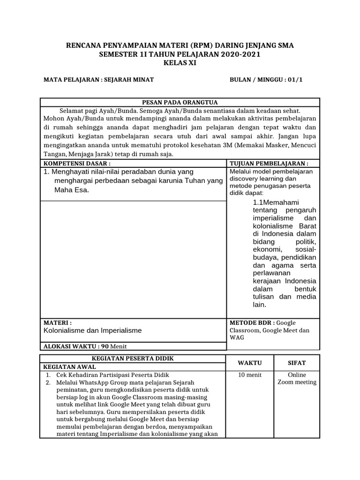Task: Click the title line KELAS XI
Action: click(180, 63)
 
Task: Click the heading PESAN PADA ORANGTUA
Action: click(180, 103)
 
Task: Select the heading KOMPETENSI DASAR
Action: click(77, 164)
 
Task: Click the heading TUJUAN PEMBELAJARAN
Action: click(269, 164)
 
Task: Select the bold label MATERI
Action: click(57, 323)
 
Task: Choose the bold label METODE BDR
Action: click(252, 323)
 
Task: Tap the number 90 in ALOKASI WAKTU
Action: click(105, 346)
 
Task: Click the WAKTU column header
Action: click(250, 363)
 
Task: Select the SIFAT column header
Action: click(297, 363)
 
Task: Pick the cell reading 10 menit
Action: click(250, 375)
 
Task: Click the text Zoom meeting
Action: click(297, 382)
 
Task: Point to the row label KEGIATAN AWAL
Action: click(67, 367)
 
